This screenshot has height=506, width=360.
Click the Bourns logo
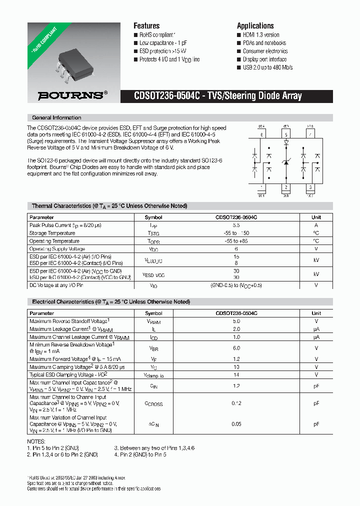[73, 95]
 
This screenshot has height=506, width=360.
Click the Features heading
[146, 26]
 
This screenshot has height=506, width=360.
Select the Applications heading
[255, 26]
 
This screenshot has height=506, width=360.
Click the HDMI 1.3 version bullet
[260, 35]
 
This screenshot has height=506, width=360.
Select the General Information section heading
[56, 118]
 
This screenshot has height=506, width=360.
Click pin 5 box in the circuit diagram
[286, 134]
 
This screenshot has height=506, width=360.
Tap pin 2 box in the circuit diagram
[286, 188]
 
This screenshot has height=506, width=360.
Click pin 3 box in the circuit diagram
[310, 188]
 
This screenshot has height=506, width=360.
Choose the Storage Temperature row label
[52, 233]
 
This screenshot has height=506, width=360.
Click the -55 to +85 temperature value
[236, 241]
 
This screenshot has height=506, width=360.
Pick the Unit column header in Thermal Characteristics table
[316, 217]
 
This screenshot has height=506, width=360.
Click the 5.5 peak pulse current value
[236, 225]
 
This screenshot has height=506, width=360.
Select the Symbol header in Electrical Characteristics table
[153, 313]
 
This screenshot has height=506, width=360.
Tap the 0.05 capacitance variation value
[236, 424]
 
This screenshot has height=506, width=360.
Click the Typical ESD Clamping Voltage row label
[68, 374]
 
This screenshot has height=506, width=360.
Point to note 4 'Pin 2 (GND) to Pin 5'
[140, 454]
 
